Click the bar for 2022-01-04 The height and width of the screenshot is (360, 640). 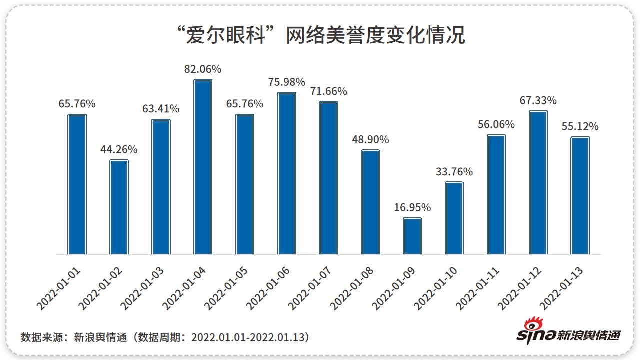203,167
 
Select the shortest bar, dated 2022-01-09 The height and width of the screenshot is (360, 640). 412,236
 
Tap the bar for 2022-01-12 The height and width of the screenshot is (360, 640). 538,182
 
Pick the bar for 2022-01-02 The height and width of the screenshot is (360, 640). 119,207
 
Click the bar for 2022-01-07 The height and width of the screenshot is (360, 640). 329,178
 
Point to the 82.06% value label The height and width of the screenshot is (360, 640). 203,69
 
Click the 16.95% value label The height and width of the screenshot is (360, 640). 412,207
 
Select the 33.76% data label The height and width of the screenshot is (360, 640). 454,172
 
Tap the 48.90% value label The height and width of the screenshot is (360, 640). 370,139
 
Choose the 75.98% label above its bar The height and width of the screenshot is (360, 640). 287,82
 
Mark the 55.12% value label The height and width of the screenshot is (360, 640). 580,126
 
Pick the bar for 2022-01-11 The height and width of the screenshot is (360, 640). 496,194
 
